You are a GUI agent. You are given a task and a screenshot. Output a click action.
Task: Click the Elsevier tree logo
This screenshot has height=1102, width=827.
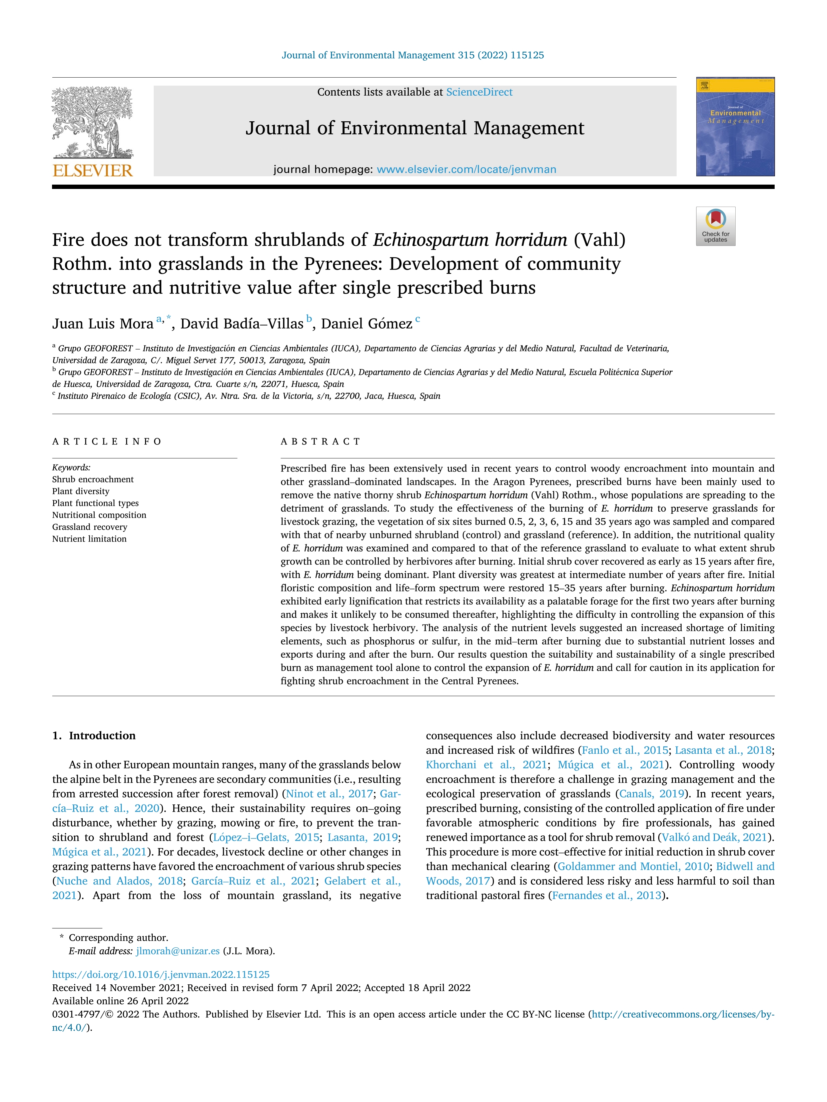(93, 122)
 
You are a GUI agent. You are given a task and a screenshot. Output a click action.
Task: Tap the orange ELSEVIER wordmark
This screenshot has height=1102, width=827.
(93, 171)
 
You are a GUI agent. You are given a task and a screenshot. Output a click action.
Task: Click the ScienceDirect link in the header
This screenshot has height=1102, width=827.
(479, 92)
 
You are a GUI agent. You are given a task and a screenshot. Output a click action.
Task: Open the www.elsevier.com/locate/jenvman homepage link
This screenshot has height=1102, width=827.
(466, 169)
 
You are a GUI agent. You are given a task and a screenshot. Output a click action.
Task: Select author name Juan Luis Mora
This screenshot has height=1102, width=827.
(103, 324)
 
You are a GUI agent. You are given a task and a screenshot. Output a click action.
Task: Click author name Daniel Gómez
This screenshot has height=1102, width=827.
(366, 324)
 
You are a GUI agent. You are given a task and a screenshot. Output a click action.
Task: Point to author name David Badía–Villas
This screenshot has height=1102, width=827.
(242, 324)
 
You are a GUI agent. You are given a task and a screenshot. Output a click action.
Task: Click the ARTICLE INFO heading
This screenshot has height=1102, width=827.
(107, 442)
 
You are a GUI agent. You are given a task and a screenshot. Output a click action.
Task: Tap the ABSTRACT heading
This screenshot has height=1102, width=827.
(320, 442)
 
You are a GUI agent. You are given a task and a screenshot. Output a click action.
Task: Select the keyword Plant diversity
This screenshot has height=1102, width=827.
(81, 491)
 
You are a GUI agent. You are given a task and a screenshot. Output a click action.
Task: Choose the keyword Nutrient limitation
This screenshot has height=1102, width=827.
(89, 539)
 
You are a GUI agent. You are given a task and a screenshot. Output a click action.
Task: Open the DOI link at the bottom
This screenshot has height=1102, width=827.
(160, 974)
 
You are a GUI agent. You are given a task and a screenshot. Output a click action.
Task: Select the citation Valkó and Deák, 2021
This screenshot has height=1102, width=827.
(714, 837)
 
